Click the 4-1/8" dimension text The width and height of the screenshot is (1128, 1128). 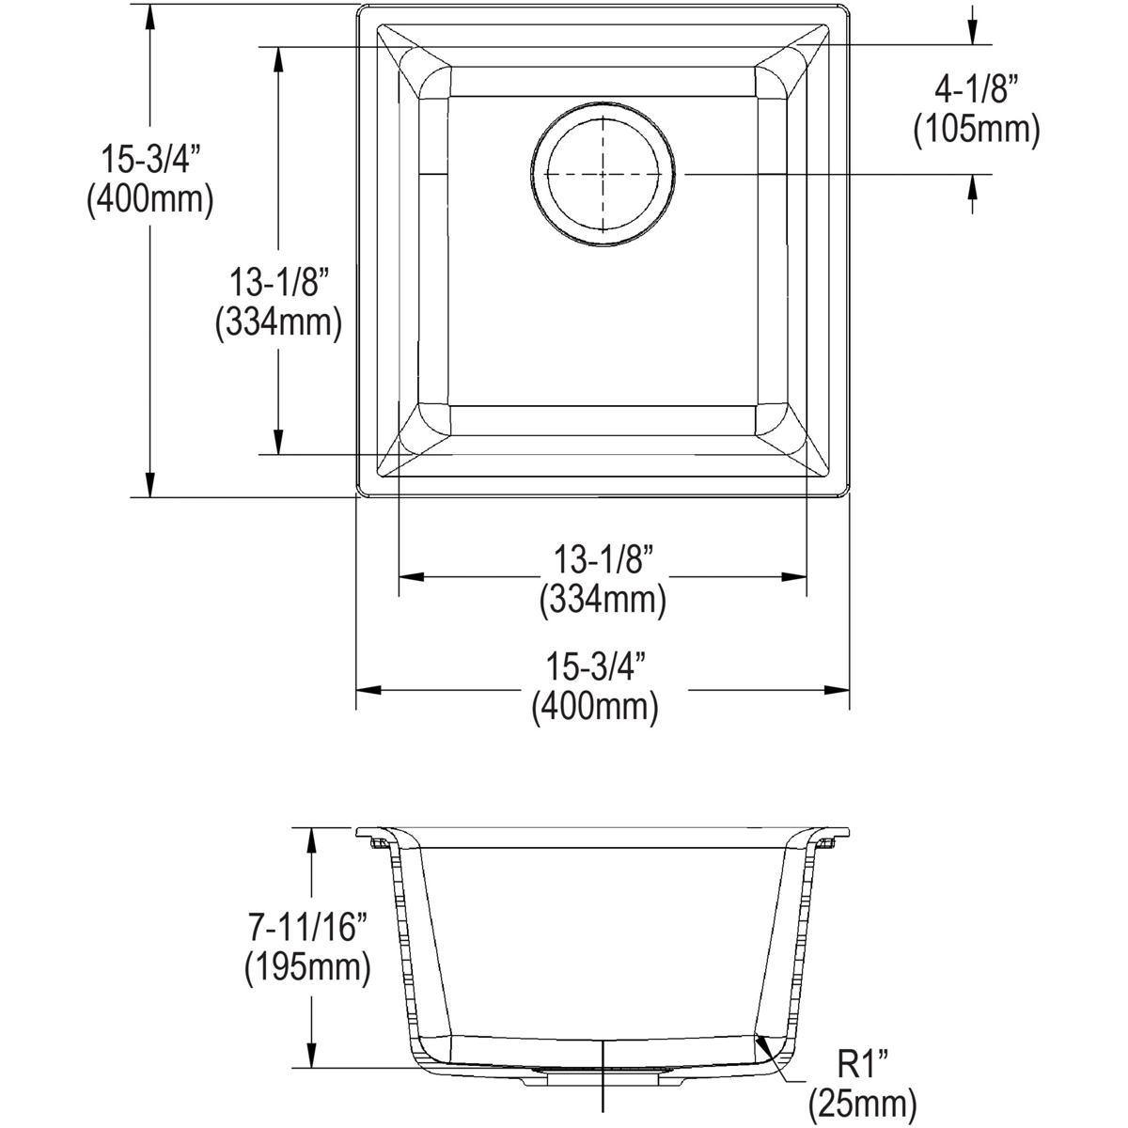977,91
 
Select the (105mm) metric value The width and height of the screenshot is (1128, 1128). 977,130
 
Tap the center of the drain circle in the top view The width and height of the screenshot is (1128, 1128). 602,175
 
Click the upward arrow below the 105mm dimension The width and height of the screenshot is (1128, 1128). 972,188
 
